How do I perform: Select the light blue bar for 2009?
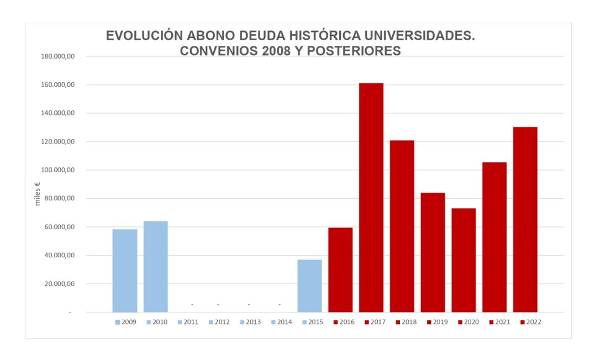pyautogui.click(x=125, y=271)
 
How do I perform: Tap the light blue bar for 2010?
pyautogui.click(x=155, y=267)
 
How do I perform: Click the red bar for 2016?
pyautogui.click(x=340, y=270)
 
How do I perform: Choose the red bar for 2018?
pyautogui.click(x=402, y=226)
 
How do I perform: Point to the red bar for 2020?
pyautogui.click(x=463, y=260)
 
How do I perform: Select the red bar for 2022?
pyautogui.click(x=525, y=220)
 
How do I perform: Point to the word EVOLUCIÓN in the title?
pyautogui.click(x=144, y=36)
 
